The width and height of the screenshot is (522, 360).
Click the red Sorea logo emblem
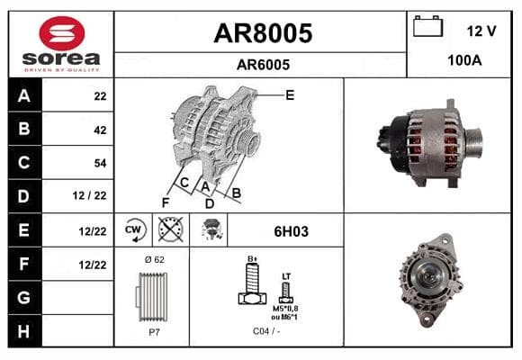(x=62, y=33)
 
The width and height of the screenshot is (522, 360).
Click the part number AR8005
(x=263, y=33)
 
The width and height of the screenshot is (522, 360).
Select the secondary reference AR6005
(x=263, y=65)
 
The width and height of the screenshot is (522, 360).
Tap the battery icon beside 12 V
(x=427, y=26)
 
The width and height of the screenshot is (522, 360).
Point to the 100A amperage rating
(x=464, y=60)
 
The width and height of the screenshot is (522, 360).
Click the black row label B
(x=24, y=129)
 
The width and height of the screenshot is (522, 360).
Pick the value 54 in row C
(x=100, y=163)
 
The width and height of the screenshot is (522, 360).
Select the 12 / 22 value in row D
(x=90, y=195)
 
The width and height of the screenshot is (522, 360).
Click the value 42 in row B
(x=100, y=130)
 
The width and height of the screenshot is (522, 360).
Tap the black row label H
(x=24, y=331)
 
